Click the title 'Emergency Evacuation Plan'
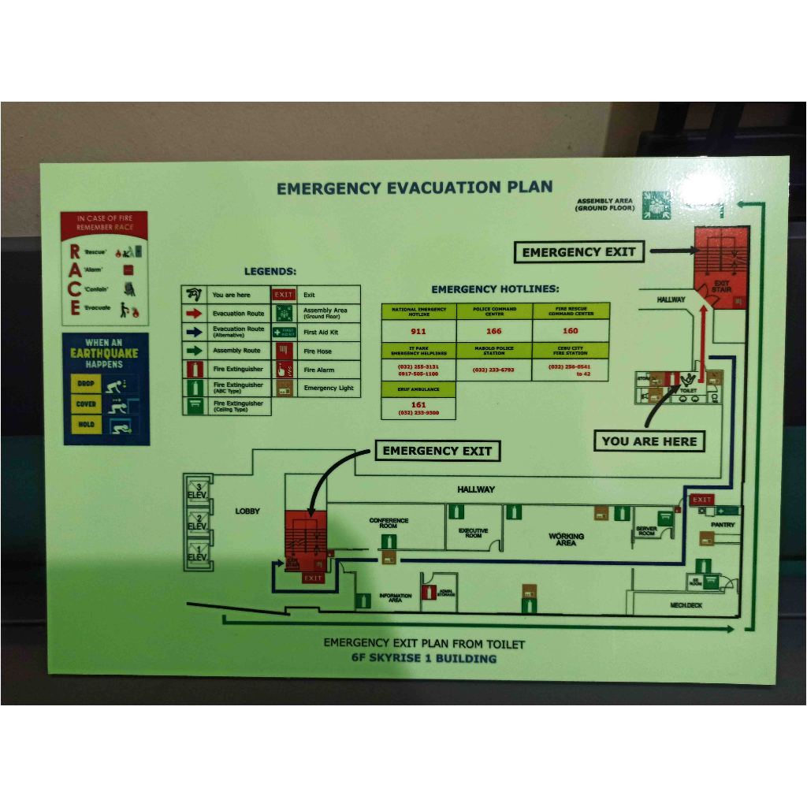[x=415, y=188]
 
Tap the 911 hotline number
[x=418, y=331]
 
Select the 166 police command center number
[x=494, y=331]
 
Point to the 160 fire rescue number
[x=570, y=331]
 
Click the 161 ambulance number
[x=418, y=404]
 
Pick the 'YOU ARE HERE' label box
[x=649, y=441]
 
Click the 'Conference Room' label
[x=389, y=523]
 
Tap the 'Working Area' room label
[x=567, y=539]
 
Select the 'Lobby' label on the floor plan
[x=247, y=511]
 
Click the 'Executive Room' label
[x=473, y=533]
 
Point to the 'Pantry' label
[x=723, y=525]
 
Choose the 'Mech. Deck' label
[x=686, y=605]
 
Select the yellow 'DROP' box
[x=86, y=384]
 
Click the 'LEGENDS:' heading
[x=270, y=271]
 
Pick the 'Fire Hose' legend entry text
[x=318, y=351]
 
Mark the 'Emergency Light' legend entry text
[x=329, y=388]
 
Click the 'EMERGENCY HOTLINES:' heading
[x=495, y=289]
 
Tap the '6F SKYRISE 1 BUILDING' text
[x=424, y=658]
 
